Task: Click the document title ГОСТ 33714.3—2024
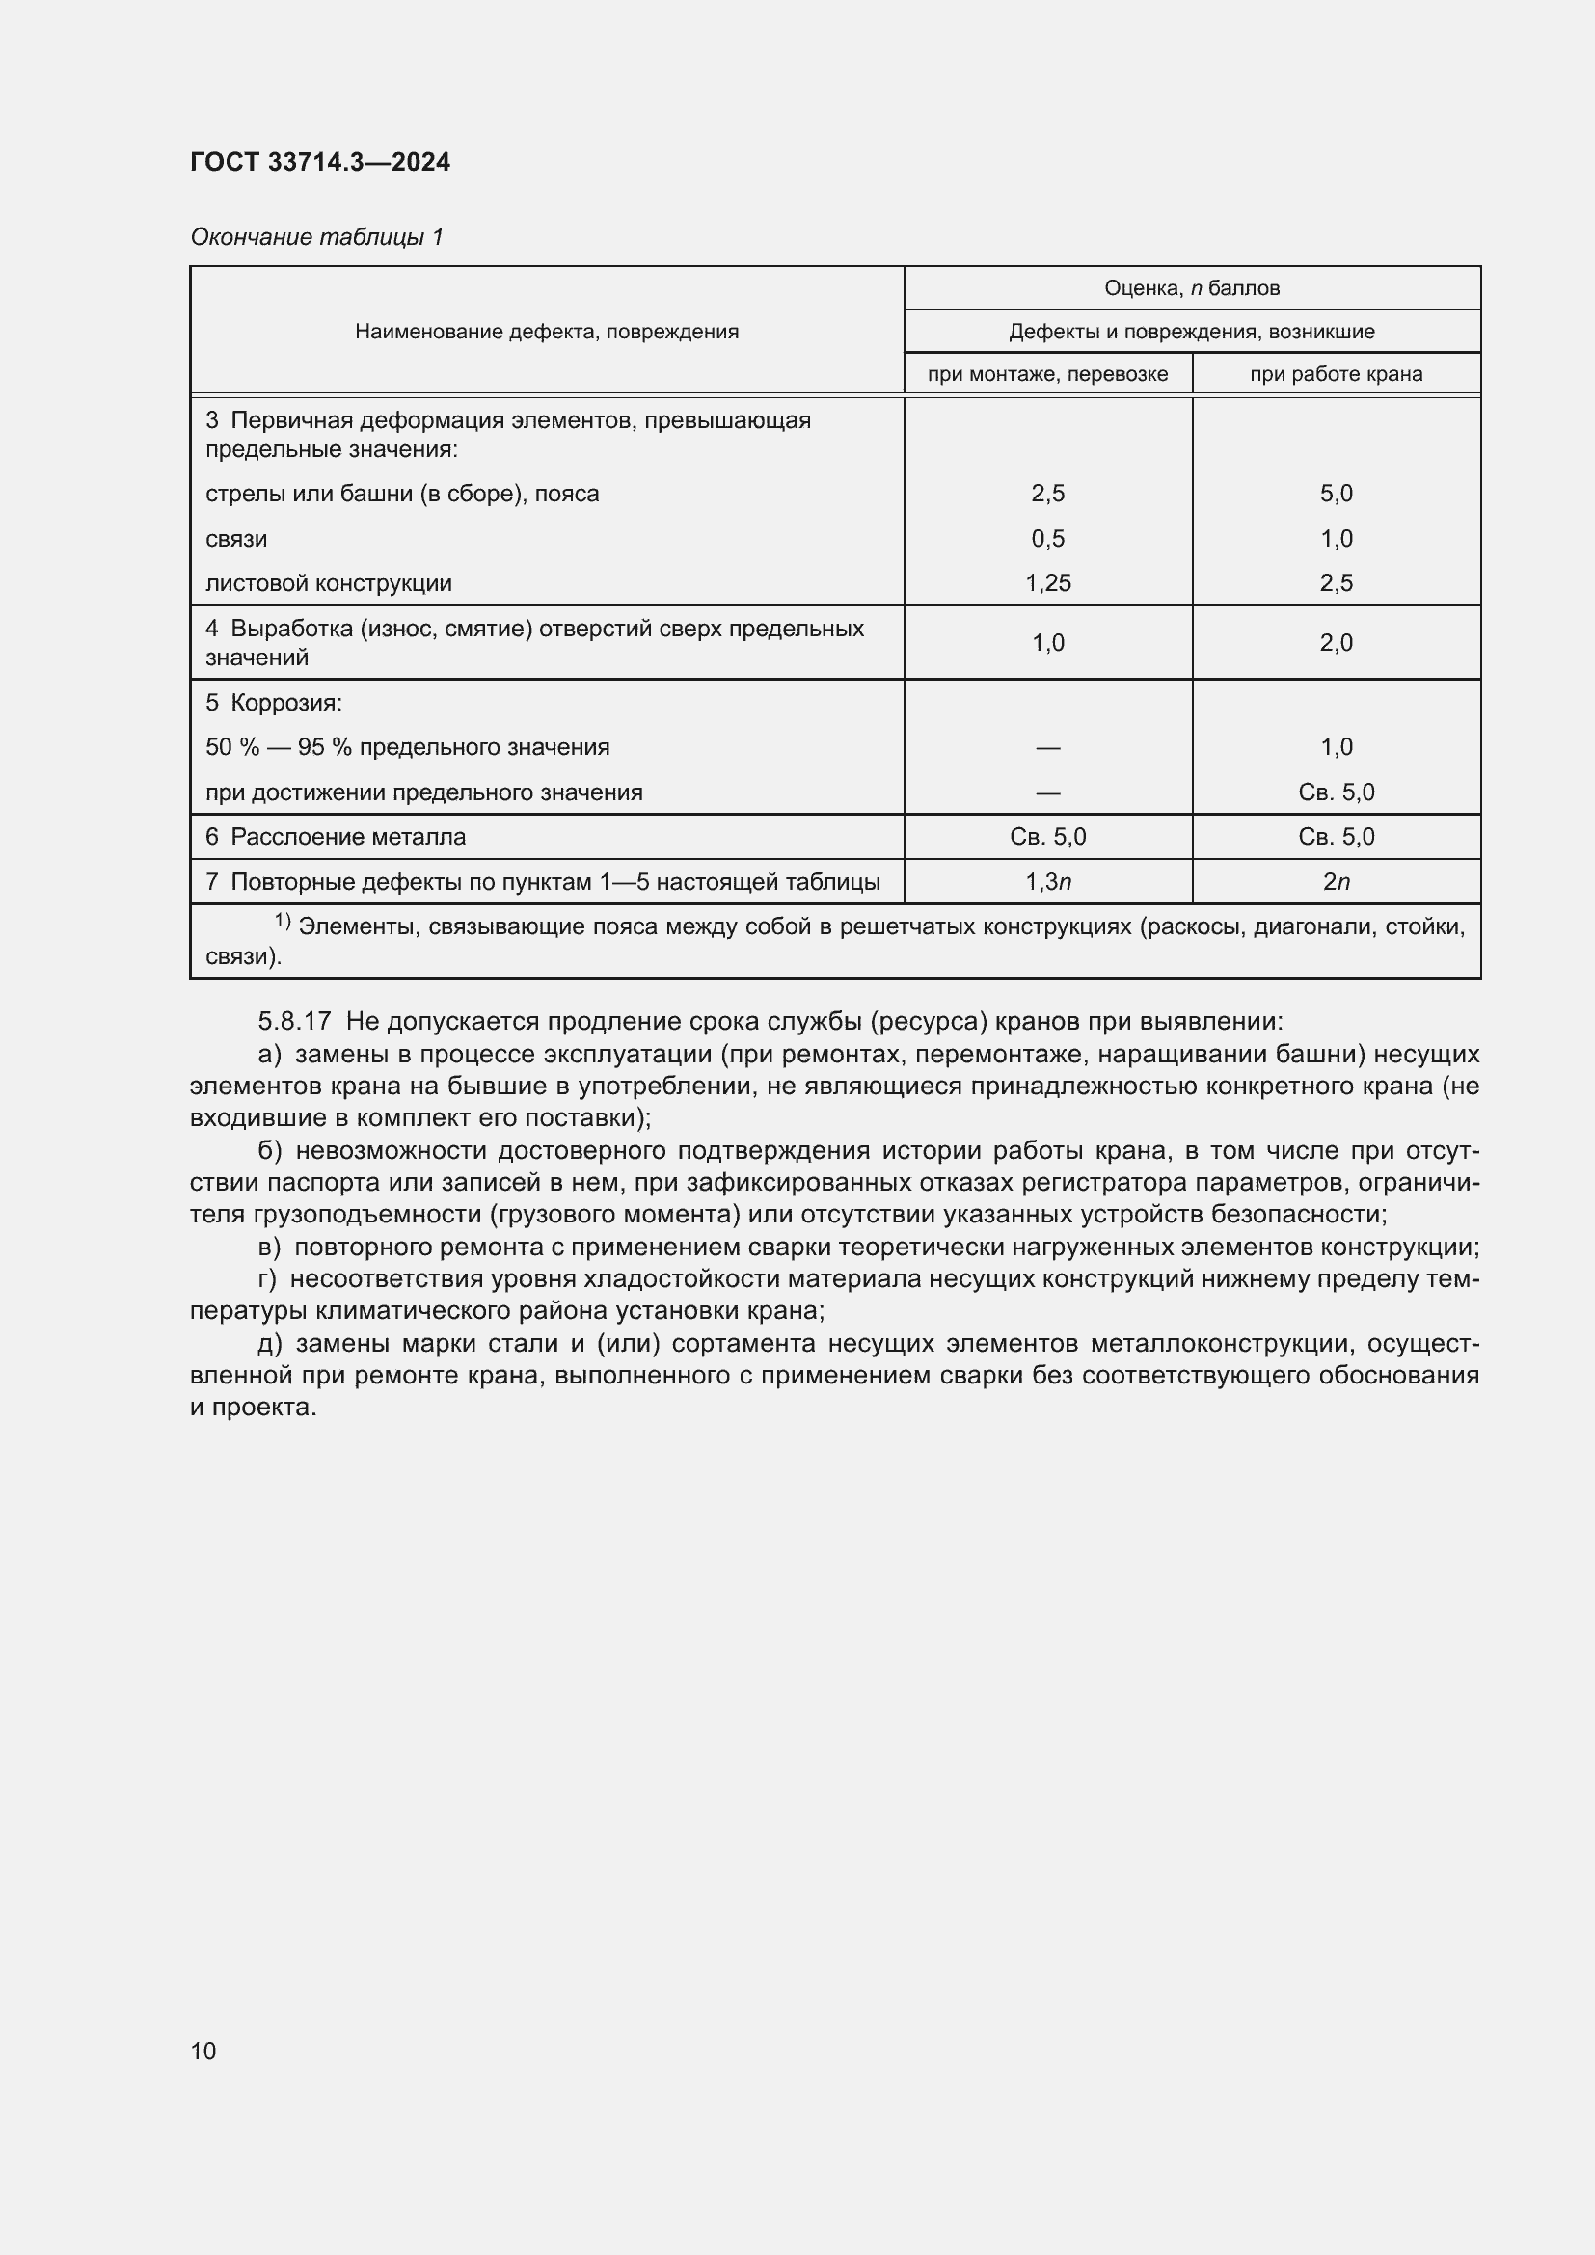(x=320, y=162)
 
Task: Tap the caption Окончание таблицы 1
(x=316, y=237)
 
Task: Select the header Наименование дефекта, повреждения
(x=546, y=331)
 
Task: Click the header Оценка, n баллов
(x=1191, y=287)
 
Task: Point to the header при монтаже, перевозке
(x=1047, y=373)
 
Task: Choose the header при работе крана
(x=1336, y=373)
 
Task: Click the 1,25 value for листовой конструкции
(x=1048, y=582)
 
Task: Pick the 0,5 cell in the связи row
(x=1048, y=538)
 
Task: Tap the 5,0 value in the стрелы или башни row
(x=1336, y=493)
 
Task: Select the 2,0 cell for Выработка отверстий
(x=1336, y=642)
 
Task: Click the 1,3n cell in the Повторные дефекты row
(x=1048, y=882)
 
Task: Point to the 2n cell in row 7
(x=1336, y=882)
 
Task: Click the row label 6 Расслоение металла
(x=336, y=837)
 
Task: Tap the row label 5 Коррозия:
(x=273, y=703)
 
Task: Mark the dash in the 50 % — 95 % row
(x=1048, y=747)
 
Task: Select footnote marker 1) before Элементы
(x=282, y=922)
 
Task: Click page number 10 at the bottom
(x=203, y=2051)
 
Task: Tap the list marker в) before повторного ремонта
(x=269, y=1248)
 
